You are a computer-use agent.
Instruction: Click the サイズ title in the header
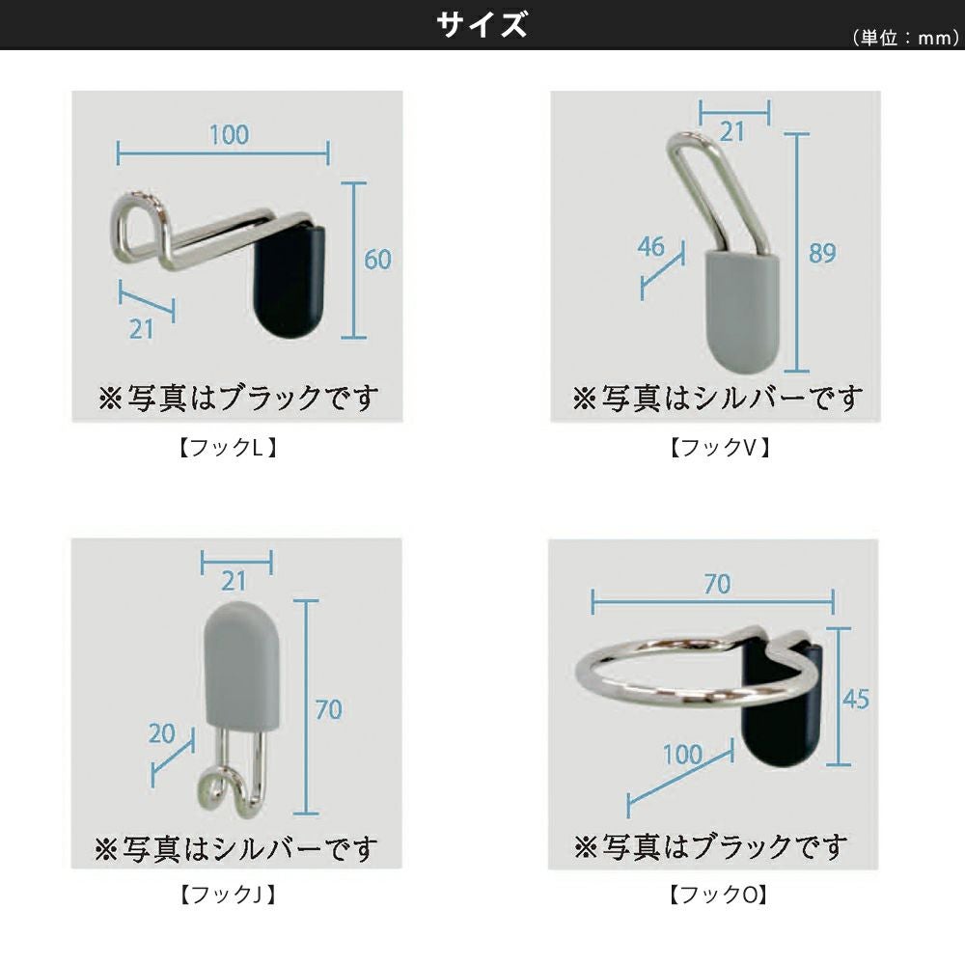[x=482, y=25]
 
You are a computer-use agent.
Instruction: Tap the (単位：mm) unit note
[x=905, y=39]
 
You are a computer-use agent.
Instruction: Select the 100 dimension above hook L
[x=229, y=135]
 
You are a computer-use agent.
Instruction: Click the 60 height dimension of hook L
[x=377, y=259]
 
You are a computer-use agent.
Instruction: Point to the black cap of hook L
[x=289, y=281]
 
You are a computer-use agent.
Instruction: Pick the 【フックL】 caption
[x=228, y=448]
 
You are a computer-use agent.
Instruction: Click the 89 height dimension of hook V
[x=823, y=253]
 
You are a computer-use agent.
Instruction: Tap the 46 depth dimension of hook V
[x=651, y=246]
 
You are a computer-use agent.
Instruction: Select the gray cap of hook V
[x=741, y=311]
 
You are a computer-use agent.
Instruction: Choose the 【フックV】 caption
[x=720, y=448]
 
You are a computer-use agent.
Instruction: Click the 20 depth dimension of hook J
[x=162, y=733]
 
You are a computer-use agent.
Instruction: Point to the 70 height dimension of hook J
[x=329, y=709]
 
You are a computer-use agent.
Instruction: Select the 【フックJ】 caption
[x=228, y=895]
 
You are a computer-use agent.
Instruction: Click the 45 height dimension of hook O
[x=855, y=699]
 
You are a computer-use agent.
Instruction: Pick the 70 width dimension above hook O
[x=718, y=584]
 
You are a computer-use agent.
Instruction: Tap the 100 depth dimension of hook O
[x=682, y=755]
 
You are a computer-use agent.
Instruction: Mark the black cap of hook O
[x=783, y=720]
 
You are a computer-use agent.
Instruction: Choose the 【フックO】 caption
[x=719, y=895]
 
